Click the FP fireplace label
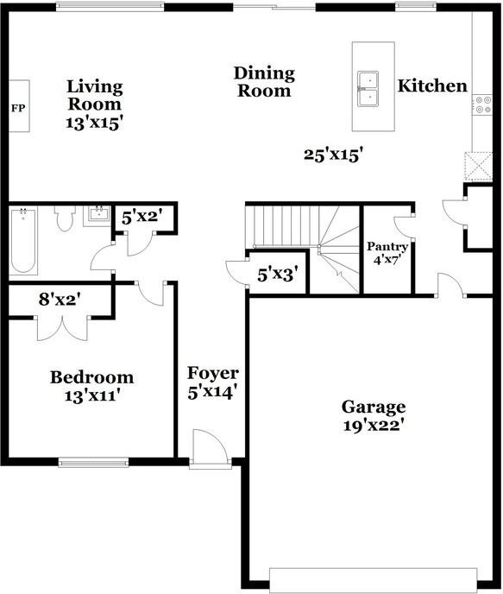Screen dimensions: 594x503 pos(17,108)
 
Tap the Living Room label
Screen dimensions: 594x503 pos(95,87)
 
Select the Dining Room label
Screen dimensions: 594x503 pos(265,82)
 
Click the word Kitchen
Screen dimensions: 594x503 pos(432,86)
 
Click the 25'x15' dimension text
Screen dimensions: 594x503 pos(332,155)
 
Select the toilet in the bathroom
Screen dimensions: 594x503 pos(63,220)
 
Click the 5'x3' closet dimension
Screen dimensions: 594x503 pos(278,275)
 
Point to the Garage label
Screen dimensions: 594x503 pos(373,407)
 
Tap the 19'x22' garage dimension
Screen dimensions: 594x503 pos(373,425)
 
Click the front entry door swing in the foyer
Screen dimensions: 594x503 pos(209,447)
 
